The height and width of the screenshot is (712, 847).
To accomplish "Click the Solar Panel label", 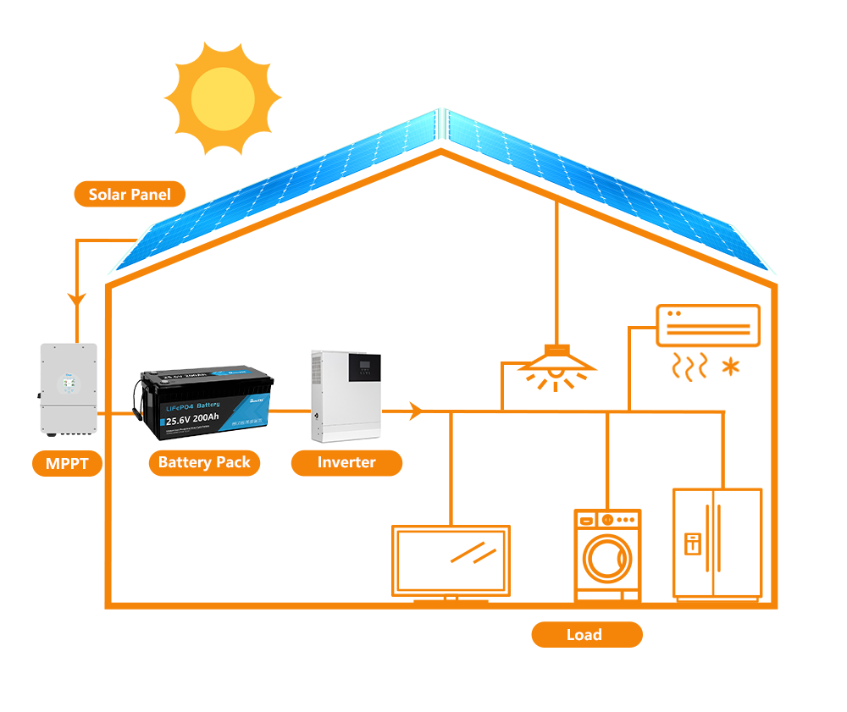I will pyautogui.click(x=130, y=195).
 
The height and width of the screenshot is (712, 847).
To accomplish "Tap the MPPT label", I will pyautogui.click(x=68, y=463).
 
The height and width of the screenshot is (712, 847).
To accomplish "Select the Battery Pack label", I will pyautogui.click(x=204, y=462).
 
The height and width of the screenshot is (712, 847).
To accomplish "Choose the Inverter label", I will pyautogui.click(x=346, y=462).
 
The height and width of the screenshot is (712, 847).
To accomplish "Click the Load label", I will pyautogui.click(x=586, y=634).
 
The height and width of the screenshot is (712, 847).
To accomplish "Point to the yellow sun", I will pyautogui.click(x=222, y=99).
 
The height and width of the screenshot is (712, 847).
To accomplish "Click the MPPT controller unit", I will pyautogui.click(x=69, y=389).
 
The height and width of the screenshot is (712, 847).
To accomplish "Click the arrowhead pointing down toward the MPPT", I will pyautogui.click(x=77, y=301).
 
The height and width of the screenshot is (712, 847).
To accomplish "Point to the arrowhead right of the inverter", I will pyautogui.click(x=415, y=411).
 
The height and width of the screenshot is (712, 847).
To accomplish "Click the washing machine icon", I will pyautogui.click(x=607, y=555).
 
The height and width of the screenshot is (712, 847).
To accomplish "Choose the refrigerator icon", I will pyautogui.click(x=717, y=544).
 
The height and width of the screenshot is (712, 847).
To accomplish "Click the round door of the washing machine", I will pyautogui.click(x=607, y=560).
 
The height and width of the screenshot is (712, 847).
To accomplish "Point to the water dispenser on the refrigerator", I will pyautogui.click(x=692, y=543).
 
